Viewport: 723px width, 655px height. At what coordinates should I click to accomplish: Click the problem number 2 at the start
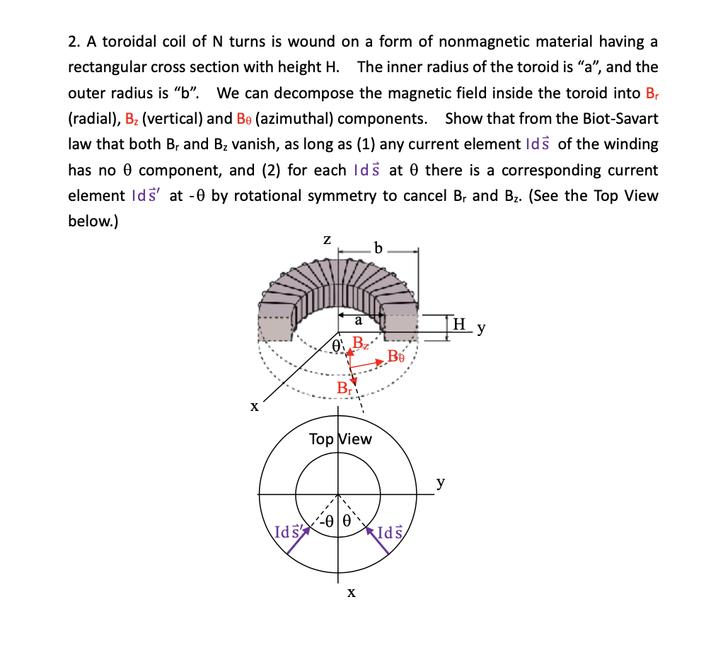tap(72, 42)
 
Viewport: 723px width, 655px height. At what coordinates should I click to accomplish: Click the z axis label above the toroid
tap(328, 240)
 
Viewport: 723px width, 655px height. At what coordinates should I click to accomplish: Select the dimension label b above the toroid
tap(378, 248)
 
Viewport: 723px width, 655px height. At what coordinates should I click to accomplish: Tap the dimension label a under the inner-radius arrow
tap(359, 321)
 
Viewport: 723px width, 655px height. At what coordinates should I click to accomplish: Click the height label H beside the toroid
tap(459, 325)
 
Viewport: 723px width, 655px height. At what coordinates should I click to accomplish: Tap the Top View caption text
tap(340, 439)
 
